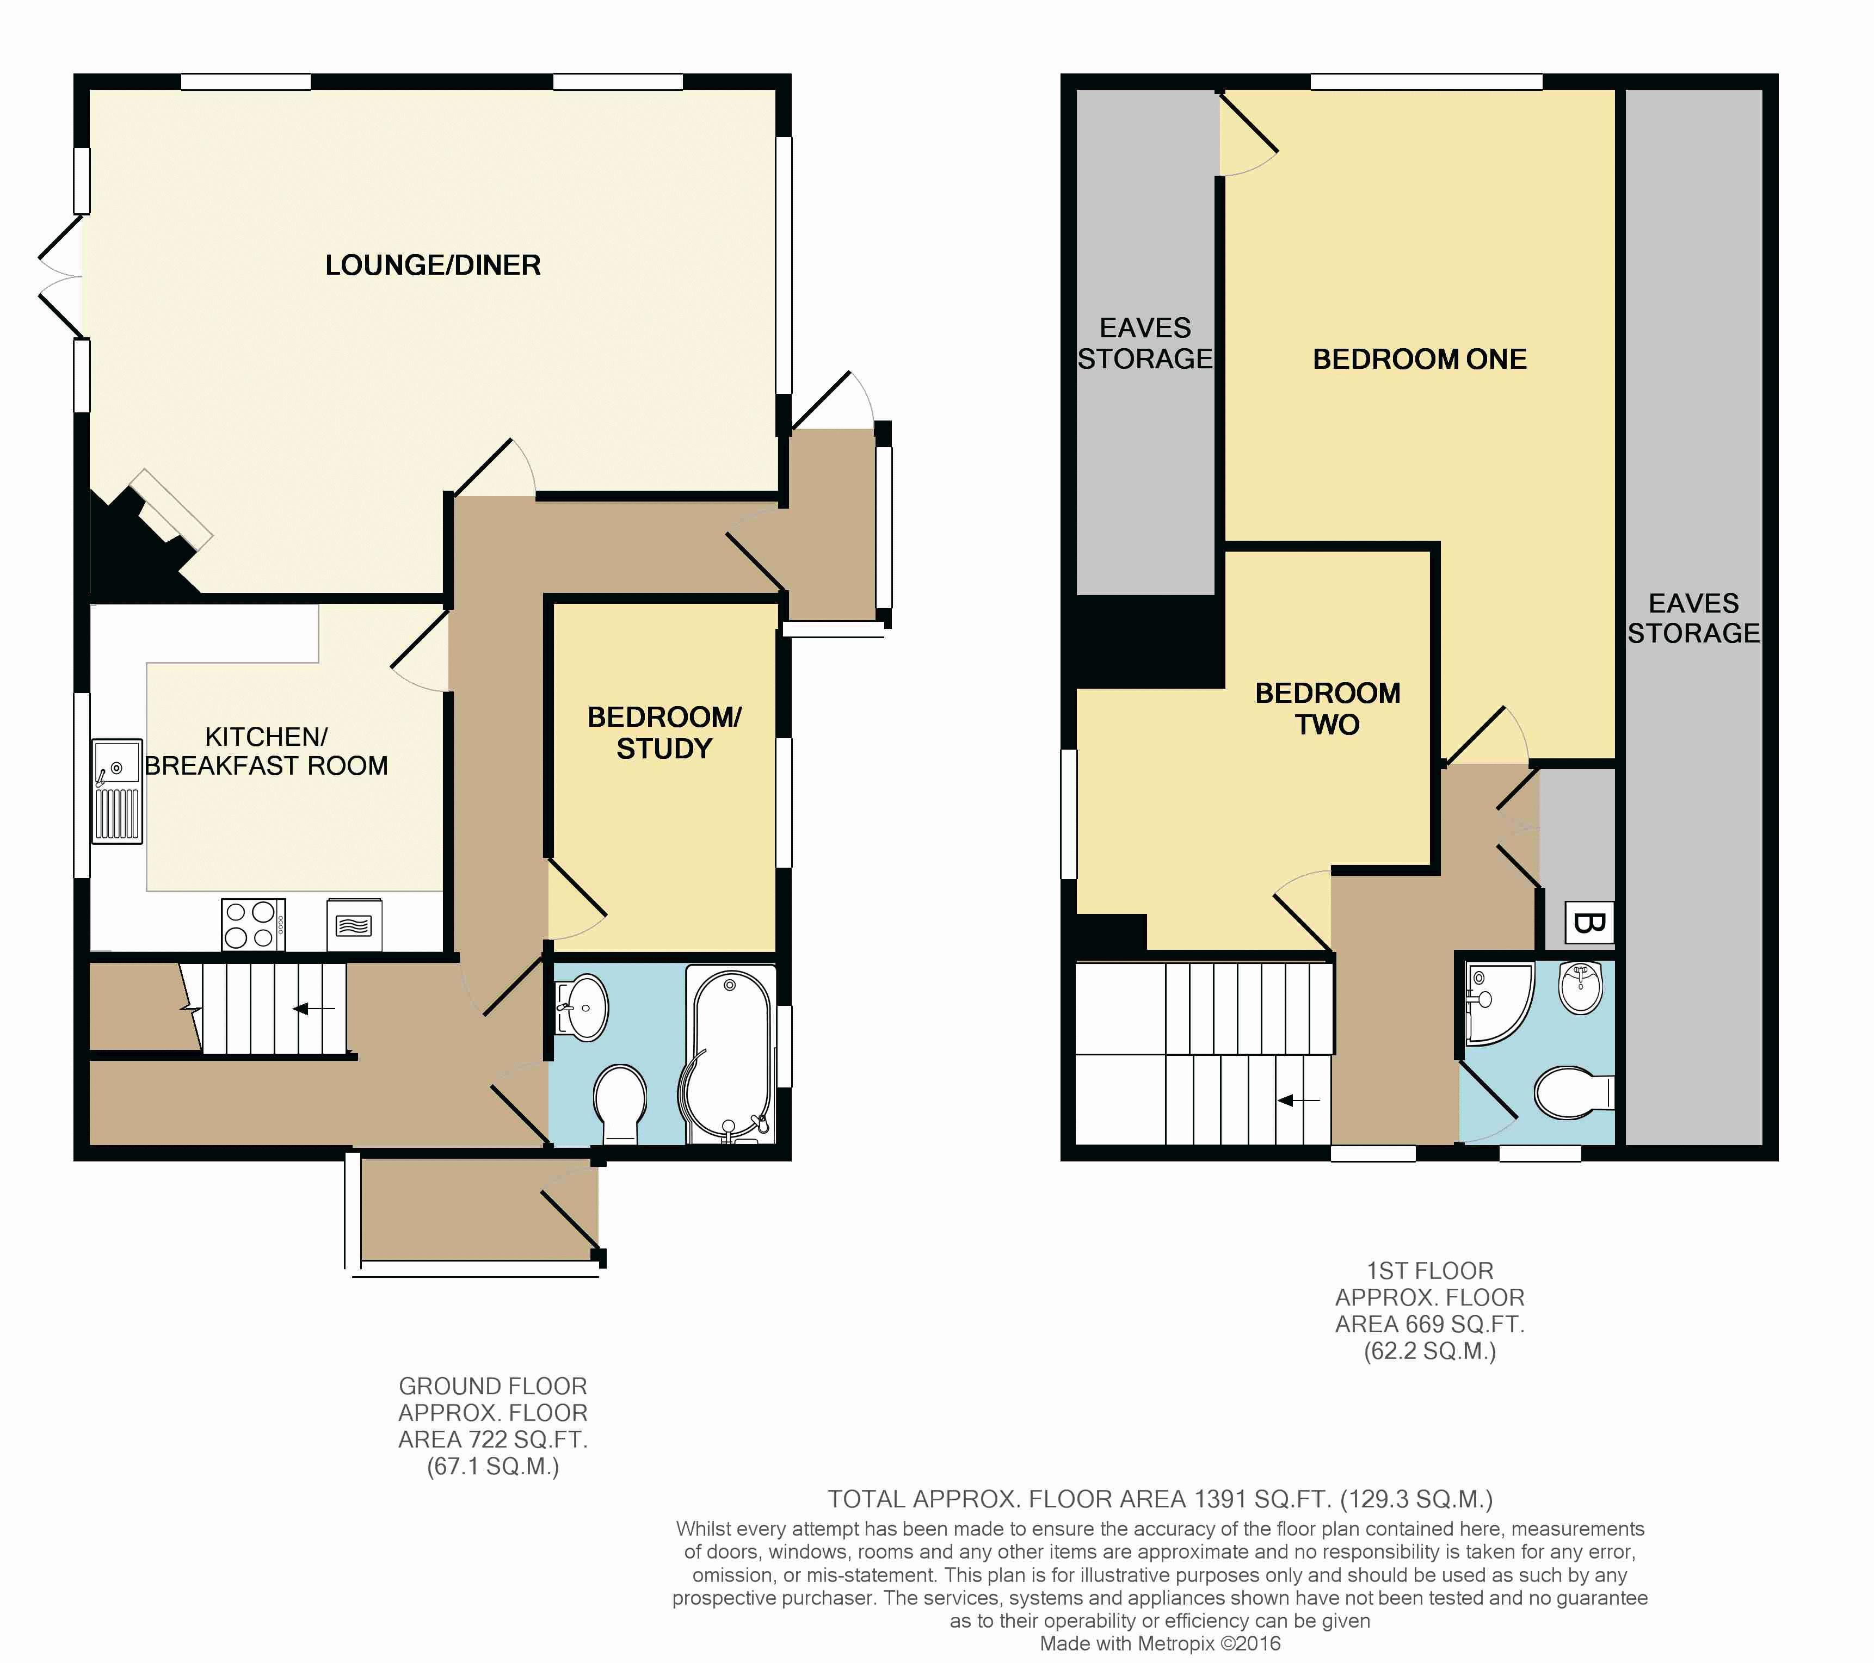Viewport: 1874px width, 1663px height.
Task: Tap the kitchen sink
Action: tap(116, 791)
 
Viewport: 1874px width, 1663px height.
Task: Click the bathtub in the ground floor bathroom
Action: tap(730, 1056)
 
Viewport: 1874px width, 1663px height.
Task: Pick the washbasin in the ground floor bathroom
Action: tap(582, 1006)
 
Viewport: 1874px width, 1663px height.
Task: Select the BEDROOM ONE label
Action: tap(1419, 360)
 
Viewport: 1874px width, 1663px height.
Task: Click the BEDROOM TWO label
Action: tap(1328, 709)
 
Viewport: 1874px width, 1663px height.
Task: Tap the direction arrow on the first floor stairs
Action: tap(1299, 1100)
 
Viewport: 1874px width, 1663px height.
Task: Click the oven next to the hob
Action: tap(354, 925)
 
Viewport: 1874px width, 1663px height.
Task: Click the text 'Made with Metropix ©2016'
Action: tap(1160, 1644)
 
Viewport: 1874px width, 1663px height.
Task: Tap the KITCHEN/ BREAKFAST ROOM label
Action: tap(266, 751)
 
